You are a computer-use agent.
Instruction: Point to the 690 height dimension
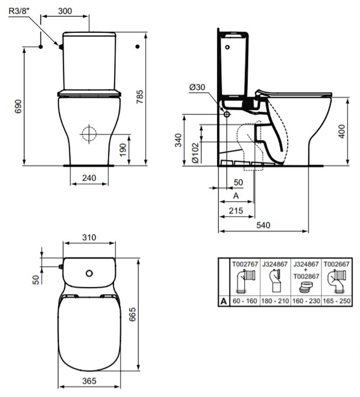pyautogui.click(x=18, y=107)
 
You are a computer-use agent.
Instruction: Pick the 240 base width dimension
pyautogui.click(x=89, y=178)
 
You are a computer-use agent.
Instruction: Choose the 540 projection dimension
pyautogui.click(x=263, y=226)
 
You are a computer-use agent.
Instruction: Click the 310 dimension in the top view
pyautogui.click(x=89, y=238)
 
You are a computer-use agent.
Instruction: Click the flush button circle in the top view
pyautogui.click(x=89, y=273)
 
